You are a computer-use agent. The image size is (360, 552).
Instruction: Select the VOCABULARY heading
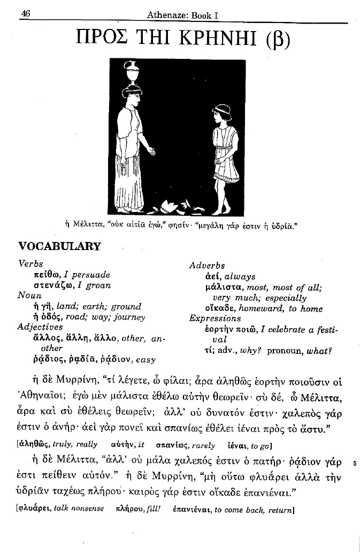coord(59,246)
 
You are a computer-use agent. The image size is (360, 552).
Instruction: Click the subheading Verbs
coord(30,264)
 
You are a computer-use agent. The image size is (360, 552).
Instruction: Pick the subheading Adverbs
coord(207,266)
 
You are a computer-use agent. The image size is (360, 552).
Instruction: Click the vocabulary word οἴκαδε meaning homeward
coord(220,308)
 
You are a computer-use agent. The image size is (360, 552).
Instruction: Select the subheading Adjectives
coord(40,327)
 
